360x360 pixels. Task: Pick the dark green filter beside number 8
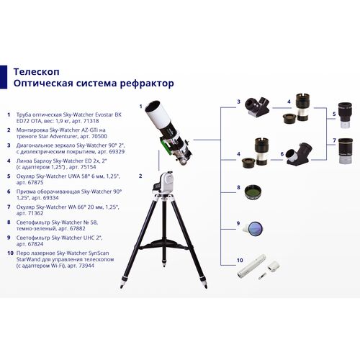(253, 192)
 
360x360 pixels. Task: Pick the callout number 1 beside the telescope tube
(140, 105)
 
